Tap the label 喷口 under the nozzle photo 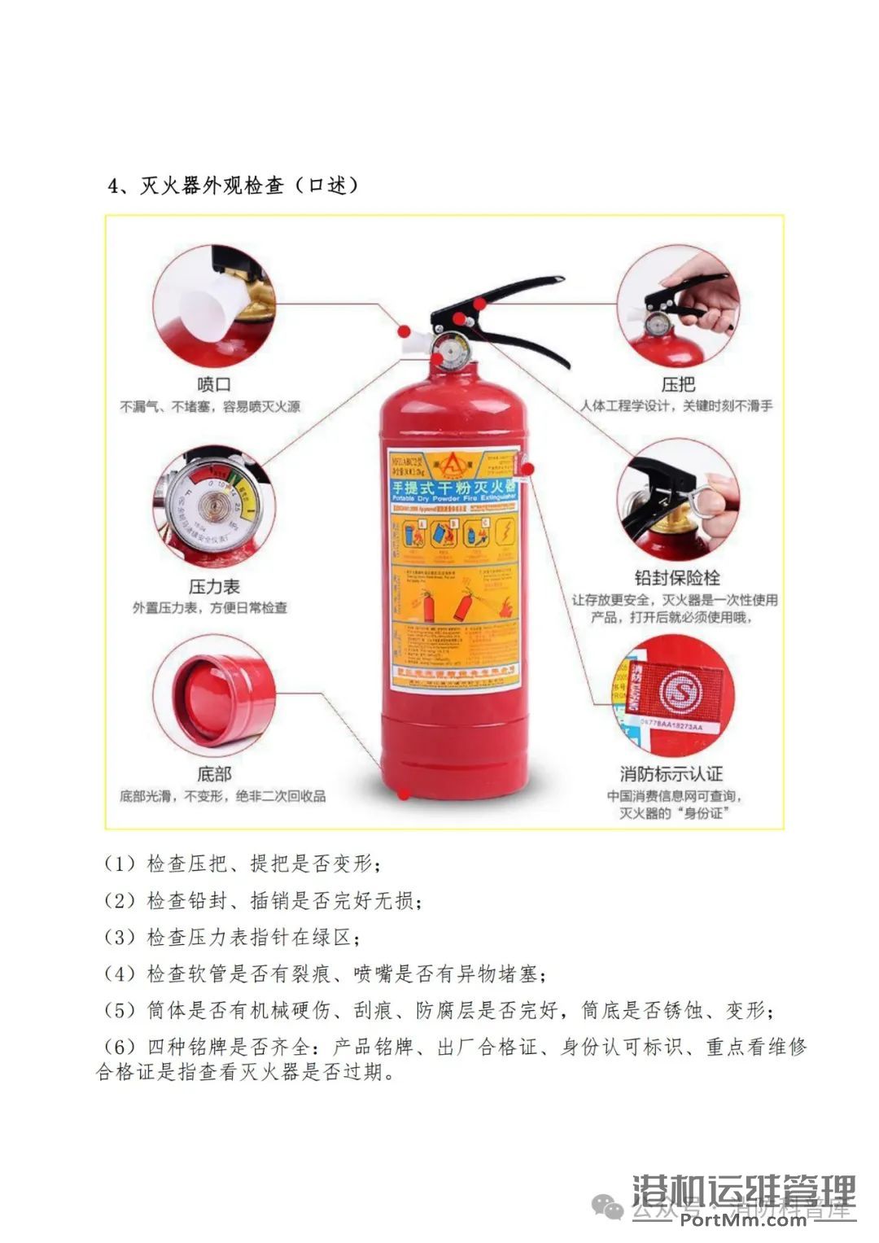click(214, 384)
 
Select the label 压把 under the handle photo click(677, 384)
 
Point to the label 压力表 click(214, 586)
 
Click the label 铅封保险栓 click(677, 578)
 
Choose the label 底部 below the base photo click(214, 773)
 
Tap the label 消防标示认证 click(671, 773)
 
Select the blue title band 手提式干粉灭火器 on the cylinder click(453, 488)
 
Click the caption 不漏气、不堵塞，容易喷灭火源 click(210, 406)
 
